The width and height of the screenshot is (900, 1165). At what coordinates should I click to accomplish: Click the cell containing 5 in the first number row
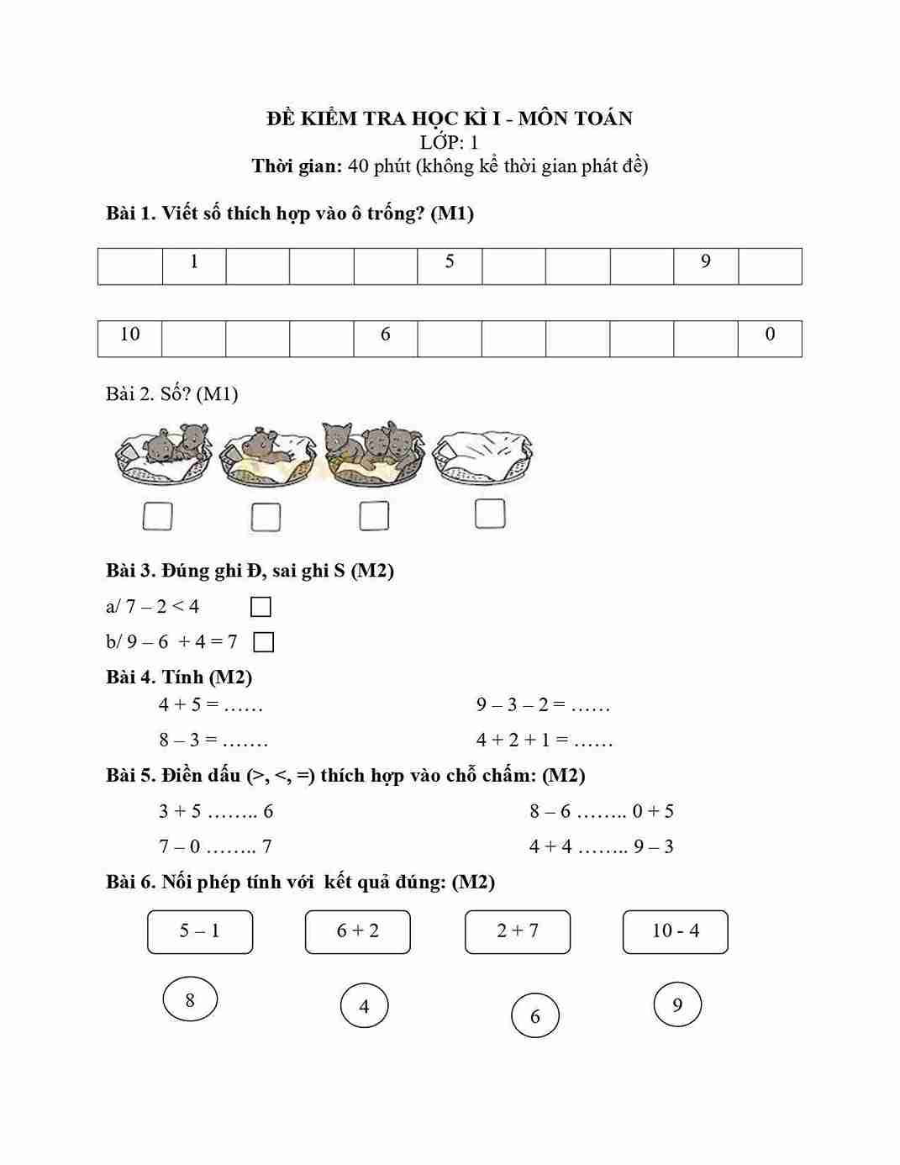450,266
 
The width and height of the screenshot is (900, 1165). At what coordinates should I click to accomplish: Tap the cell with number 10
130,338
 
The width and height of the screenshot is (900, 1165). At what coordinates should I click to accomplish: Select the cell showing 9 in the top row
706,266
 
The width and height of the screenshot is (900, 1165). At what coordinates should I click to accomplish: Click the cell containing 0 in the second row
770,338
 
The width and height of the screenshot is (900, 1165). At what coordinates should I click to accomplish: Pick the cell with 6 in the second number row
386,338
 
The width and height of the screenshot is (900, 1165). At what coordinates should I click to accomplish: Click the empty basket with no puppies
482,457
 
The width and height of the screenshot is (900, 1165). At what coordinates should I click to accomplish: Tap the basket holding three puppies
375,454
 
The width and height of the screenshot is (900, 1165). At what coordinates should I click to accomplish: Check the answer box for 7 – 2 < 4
261,607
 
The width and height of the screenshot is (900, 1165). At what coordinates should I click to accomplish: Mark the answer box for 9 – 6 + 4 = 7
263,642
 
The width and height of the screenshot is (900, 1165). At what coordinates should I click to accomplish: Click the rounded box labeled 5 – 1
200,931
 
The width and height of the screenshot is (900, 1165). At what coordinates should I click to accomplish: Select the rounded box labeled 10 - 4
675,931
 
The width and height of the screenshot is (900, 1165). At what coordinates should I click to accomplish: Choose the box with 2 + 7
518,931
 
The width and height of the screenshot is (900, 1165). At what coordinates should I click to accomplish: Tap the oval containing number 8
190,1000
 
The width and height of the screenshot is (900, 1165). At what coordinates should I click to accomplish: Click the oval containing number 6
535,1016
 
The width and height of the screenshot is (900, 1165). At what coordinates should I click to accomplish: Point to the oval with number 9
677,1004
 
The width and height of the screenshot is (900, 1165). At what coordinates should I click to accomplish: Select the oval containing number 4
364,1006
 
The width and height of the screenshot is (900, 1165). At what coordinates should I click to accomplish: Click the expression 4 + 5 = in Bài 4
189,704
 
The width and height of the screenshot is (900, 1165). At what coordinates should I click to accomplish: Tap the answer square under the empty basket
490,514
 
